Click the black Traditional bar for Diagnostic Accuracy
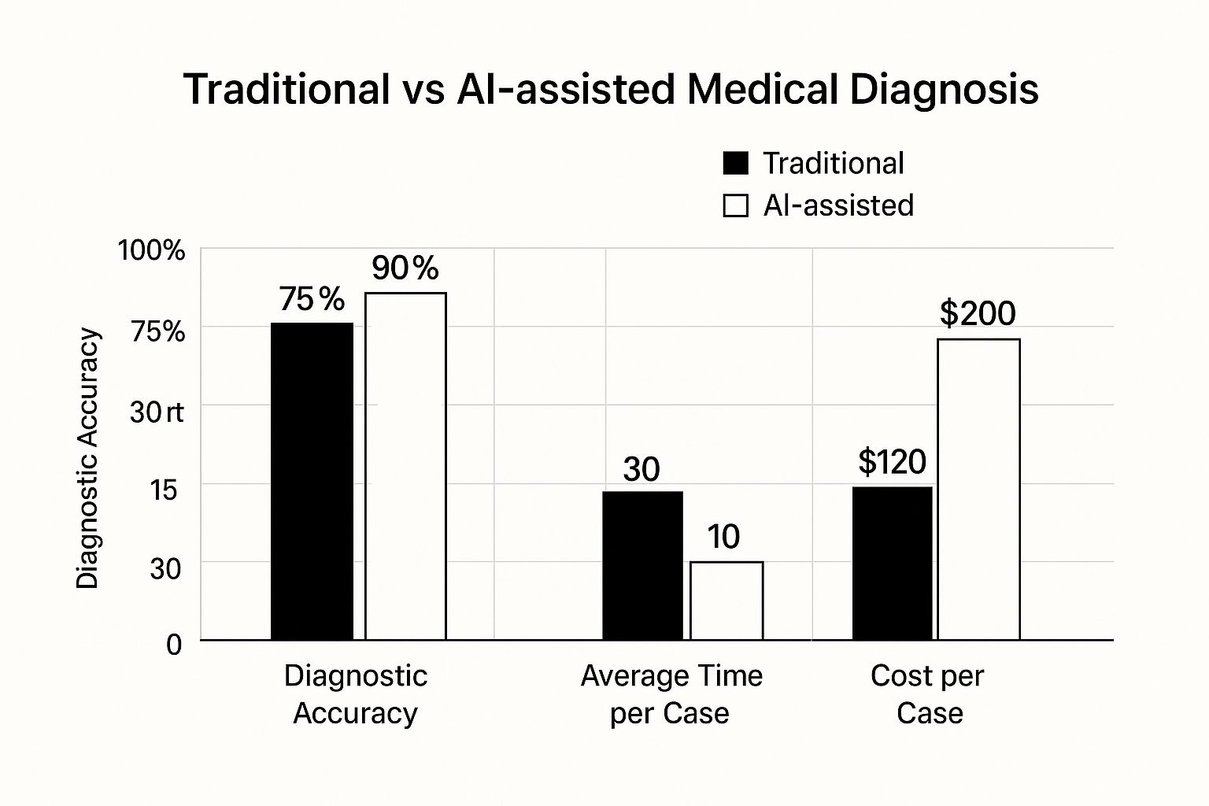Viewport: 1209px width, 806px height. point(312,481)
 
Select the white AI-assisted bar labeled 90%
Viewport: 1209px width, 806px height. point(405,466)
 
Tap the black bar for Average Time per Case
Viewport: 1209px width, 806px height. point(642,565)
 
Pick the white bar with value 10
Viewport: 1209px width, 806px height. point(727,601)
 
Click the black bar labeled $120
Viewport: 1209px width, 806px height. point(892,564)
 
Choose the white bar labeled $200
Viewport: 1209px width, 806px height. point(978,490)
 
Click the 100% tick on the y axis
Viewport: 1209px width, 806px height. point(151,251)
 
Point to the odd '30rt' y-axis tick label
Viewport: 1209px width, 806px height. point(157,411)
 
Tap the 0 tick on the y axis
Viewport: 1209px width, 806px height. point(174,645)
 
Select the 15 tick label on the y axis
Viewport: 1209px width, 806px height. point(164,490)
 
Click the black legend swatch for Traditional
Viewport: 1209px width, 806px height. point(735,164)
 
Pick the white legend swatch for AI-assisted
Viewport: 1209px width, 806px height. point(735,205)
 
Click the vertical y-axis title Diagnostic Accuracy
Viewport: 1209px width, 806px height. point(88,458)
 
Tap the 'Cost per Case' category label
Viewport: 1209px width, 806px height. point(928,694)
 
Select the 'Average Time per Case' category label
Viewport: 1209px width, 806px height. point(671,694)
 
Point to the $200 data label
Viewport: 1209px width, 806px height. point(978,313)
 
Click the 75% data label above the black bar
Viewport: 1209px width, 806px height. point(312,299)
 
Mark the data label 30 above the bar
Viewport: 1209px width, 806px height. point(641,469)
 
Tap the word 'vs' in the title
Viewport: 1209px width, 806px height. point(423,89)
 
